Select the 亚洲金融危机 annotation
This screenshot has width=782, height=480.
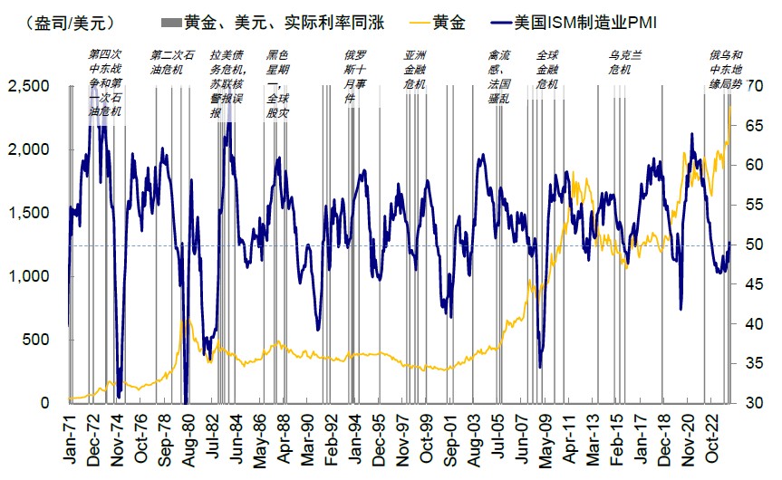tap(415, 68)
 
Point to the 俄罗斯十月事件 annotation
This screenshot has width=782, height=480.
tap(355, 75)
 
